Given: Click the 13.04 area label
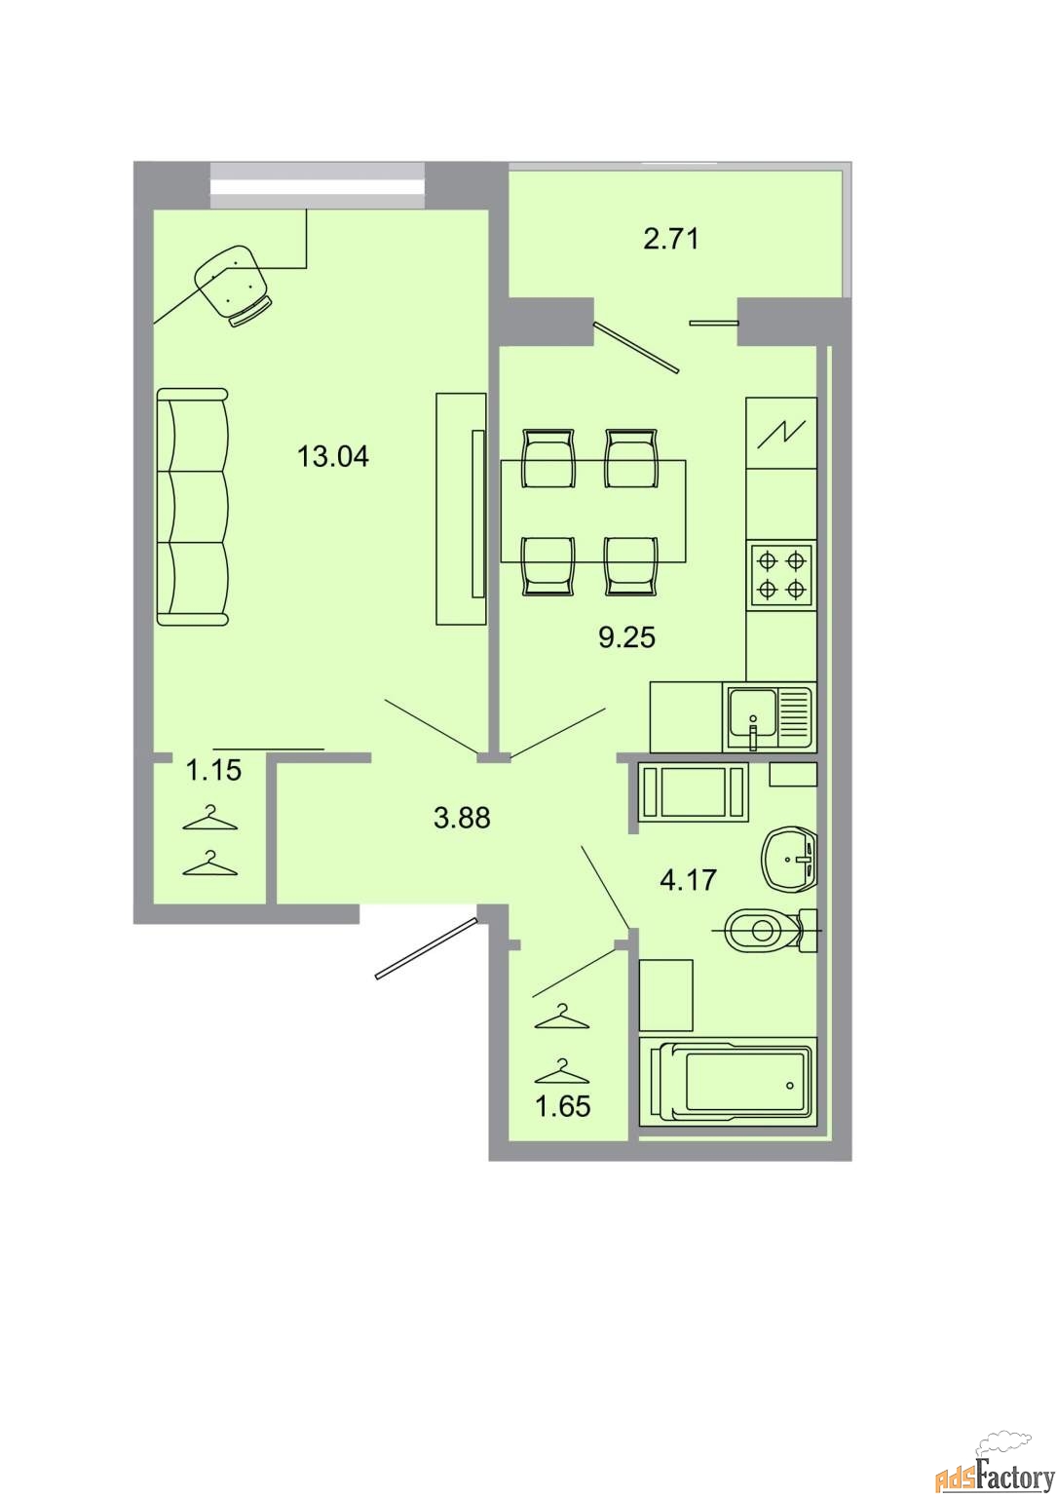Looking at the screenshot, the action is [333, 457].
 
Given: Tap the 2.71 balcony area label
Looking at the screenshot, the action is [671, 239].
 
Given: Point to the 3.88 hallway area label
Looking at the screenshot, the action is [462, 818].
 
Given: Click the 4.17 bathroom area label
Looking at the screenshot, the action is [688, 880].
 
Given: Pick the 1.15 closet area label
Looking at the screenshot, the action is [213, 771].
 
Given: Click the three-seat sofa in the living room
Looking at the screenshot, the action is [193, 507].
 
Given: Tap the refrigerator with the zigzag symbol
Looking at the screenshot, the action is [781, 433].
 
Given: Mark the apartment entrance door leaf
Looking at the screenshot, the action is [427, 948].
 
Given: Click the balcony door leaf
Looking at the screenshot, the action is [637, 347].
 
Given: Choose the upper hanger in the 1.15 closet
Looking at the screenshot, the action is [210, 819].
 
